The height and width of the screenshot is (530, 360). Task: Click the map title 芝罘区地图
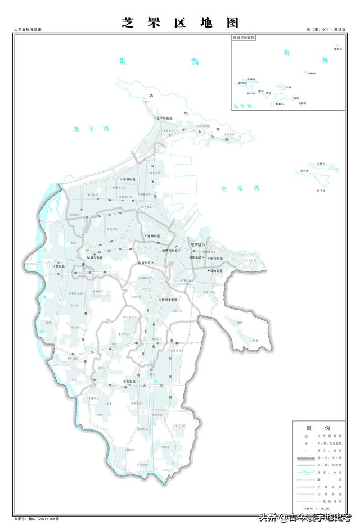coord(180,23)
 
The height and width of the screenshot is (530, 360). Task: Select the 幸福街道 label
coord(123,179)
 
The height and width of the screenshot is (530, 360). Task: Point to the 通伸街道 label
coord(152,235)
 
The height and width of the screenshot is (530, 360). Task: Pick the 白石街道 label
coord(145,262)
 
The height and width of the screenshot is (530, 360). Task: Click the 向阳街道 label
coord(198,257)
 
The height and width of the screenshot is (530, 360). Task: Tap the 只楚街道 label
coord(60,265)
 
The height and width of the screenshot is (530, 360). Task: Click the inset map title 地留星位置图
coord(244,38)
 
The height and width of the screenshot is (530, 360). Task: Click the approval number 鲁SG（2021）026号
coord(36,519)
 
